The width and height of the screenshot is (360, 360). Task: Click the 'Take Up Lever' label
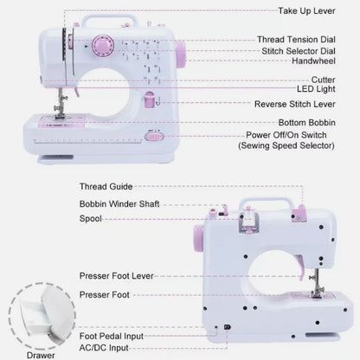(306, 11)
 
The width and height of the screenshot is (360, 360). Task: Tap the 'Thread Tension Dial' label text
(296, 40)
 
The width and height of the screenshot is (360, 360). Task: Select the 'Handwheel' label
(313, 61)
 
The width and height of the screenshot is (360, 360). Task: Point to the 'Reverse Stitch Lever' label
(295, 104)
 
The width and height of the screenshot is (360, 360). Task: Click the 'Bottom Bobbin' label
(307, 123)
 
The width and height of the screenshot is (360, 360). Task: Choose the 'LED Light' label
(316, 89)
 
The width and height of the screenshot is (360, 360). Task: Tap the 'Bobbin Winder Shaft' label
(119, 204)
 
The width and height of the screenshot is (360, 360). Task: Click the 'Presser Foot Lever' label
(116, 276)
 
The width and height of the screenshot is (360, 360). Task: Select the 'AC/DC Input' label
(104, 348)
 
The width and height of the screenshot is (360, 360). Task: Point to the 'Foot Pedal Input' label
(112, 336)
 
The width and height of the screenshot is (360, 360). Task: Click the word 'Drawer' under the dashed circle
(41, 356)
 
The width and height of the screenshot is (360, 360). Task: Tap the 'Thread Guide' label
(106, 187)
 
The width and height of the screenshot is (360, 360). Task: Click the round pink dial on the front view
(103, 46)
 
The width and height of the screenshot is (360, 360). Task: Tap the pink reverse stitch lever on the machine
(150, 100)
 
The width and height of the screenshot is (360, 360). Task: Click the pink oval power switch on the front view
(154, 137)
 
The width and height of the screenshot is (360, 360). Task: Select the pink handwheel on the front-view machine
(181, 54)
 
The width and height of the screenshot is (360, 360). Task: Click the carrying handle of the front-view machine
(110, 18)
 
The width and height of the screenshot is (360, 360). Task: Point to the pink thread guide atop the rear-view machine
(299, 214)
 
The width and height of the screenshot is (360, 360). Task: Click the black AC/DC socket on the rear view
(227, 327)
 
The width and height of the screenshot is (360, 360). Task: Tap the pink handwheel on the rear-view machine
(199, 238)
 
